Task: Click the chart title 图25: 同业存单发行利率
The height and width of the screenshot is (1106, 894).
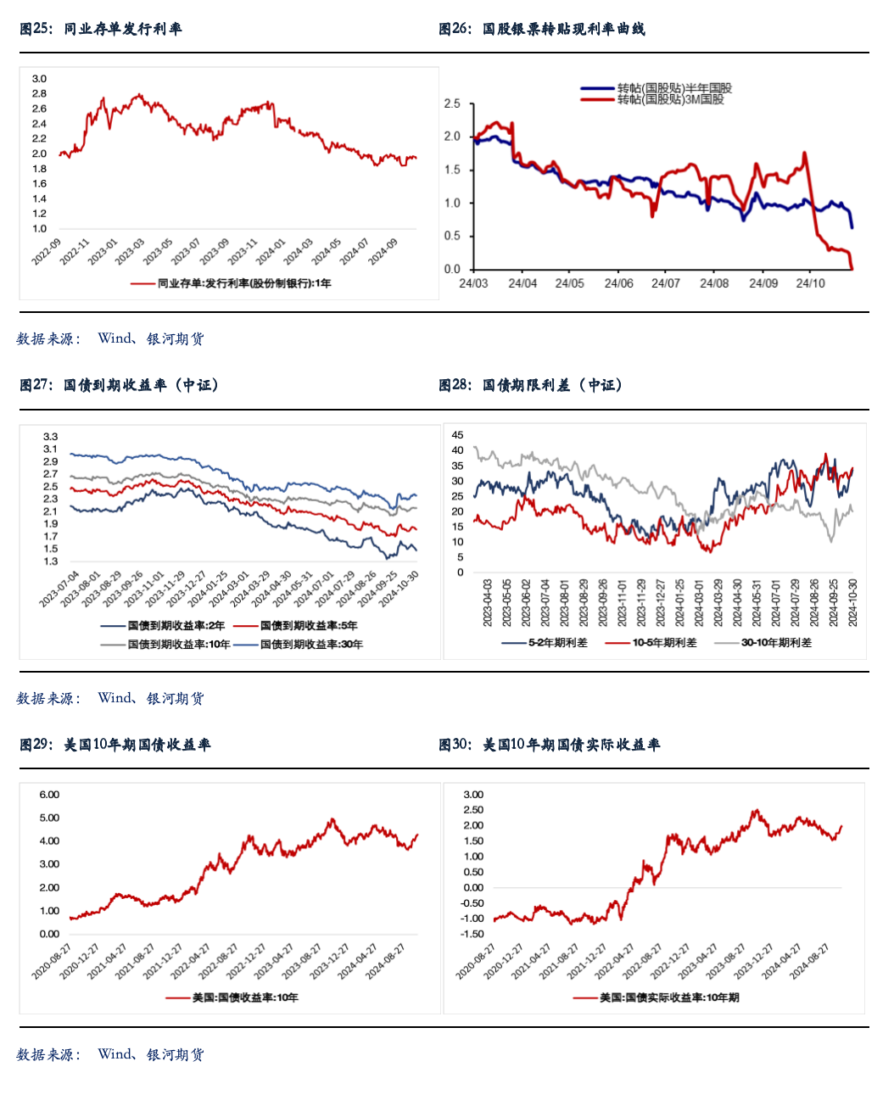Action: [101, 29]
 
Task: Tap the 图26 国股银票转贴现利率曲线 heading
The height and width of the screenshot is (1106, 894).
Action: [541, 29]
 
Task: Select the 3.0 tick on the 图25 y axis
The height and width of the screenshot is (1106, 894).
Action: [40, 79]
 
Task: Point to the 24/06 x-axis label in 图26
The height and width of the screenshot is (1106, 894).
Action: [618, 283]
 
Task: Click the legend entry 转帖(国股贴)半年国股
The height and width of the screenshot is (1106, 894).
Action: [674, 88]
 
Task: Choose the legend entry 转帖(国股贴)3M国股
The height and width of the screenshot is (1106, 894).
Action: [670, 99]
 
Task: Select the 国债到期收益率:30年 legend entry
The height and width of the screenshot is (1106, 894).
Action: [311, 645]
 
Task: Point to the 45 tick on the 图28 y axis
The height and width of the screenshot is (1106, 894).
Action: [458, 435]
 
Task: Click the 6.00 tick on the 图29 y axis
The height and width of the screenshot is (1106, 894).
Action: [49, 795]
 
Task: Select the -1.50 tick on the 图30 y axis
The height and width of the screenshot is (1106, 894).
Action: [472, 934]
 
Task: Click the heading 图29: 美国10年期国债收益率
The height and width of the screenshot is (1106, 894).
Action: [115, 745]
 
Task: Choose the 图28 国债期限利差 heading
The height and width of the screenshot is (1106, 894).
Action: [531, 385]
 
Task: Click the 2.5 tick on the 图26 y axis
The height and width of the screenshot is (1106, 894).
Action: [452, 103]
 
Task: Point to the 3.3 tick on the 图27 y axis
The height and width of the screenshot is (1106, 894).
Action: [51, 437]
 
